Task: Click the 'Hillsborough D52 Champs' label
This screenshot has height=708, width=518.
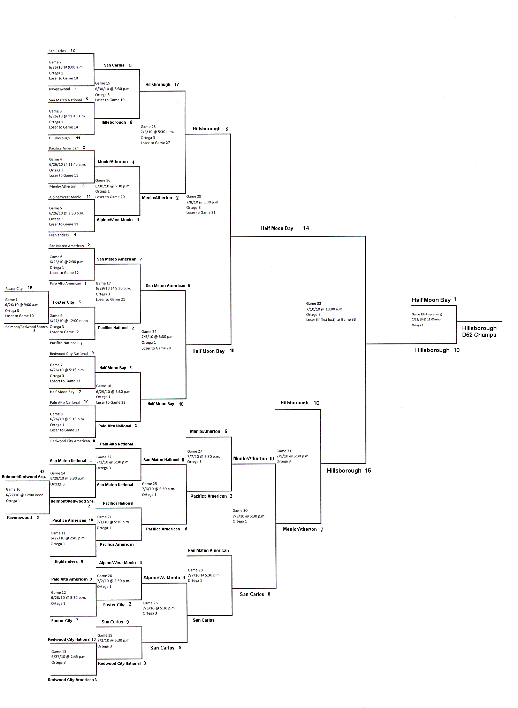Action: (x=479, y=331)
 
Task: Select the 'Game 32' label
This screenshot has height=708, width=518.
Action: (x=313, y=303)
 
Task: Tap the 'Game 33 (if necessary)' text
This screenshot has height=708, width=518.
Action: (x=427, y=314)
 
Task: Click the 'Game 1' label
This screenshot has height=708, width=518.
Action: (x=11, y=299)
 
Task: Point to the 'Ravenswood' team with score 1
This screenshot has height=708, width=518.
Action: (x=59, y=89)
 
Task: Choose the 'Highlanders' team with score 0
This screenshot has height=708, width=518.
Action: (x=66, y=561)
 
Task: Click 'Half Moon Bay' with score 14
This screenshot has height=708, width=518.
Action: (x=277, y=228)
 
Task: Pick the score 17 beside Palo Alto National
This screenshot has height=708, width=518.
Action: (x=86, y=401)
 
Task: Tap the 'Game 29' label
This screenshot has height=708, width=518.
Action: (x=193, y=196)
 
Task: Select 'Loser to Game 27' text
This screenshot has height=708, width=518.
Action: (x=155, y=143)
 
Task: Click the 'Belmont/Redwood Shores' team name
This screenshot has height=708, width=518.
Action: (x=26, y=327)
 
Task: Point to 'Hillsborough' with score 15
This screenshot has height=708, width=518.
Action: (x=344, y=471)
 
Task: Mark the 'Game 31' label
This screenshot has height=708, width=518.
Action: (x=284, y=451)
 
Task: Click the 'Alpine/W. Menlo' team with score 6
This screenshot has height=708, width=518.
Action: (x=162, y=577)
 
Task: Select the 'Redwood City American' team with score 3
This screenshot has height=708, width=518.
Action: (x=71, y=680)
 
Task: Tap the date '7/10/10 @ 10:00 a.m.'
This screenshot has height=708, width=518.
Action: (x=325, y=309)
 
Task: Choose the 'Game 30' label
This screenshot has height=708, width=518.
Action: (x=240, y=511)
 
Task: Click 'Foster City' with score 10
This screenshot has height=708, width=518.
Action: (x=14, y=289)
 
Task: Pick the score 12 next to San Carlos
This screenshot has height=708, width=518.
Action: (x=73, y=50)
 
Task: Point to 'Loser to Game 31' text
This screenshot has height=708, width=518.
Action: (x=201, y=212)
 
